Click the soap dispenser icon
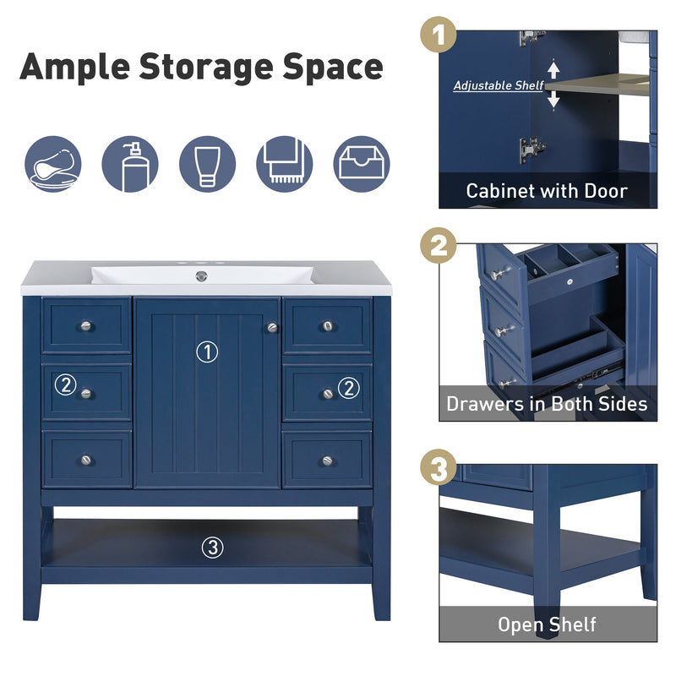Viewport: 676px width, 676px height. (129, 164)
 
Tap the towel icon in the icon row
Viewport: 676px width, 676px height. (284, 164)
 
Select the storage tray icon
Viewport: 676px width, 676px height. (363, 164)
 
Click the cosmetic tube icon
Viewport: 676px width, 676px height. (207, 164)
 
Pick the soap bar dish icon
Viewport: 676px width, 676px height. (52, 164)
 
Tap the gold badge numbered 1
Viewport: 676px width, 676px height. (439, 38)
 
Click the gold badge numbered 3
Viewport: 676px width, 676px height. (439, 468)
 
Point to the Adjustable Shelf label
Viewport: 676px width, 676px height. (499, 85)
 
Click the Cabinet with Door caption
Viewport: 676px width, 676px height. (547, 191)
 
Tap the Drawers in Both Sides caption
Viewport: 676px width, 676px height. (547, 404)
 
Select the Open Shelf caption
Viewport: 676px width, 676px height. (547, 624)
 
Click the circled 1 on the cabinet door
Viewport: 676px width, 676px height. (206, 352)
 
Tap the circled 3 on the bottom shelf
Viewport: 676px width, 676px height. (212, 548)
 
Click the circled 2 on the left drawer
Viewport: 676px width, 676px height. (65, 385)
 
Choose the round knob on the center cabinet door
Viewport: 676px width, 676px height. (272, 327)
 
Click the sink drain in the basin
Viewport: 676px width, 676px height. (201, 276)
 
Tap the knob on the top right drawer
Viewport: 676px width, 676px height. (327, 325)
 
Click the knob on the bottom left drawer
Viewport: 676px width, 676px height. (85, 460)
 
